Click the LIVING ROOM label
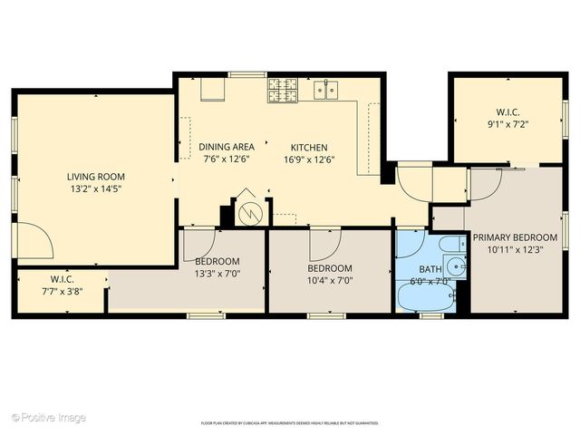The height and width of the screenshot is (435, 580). [95, 177]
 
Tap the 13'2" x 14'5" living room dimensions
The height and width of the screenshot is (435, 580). [95, 189]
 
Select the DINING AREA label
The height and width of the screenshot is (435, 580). [227, 146]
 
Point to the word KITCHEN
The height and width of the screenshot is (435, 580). [309, 147]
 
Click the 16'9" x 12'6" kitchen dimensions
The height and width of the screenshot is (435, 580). [309, 159]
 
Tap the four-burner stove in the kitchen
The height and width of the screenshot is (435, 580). [282, 89]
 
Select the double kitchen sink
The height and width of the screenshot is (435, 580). [326, 89]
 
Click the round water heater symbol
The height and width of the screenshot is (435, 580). [248, 212]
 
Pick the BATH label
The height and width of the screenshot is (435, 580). [430, 269]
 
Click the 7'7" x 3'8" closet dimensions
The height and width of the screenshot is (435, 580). [62, 292]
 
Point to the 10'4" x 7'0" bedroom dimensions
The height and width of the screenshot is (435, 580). [329, 281]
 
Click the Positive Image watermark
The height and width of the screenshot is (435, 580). [50, 418]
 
